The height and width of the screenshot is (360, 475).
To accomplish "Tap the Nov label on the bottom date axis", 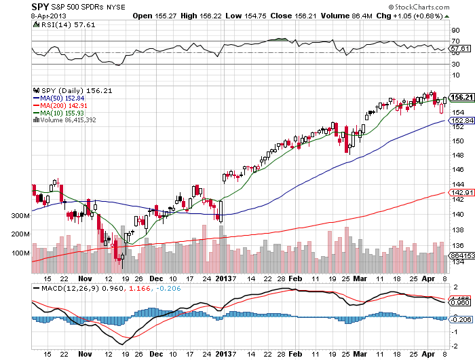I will [84, 278].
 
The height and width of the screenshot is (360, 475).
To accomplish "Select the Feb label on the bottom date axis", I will [294, 278].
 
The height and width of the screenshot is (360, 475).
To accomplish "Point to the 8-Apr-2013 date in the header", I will [20, 15].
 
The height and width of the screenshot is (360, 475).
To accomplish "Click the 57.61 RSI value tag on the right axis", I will [461, 48].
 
